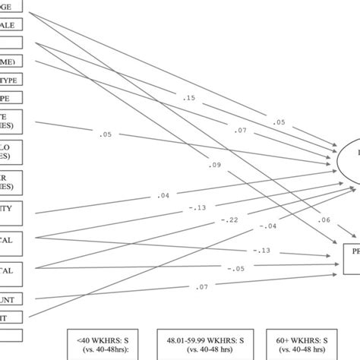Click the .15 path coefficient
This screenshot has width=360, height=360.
click(x=189, y=98)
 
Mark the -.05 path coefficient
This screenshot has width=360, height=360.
click(x=238, y=269)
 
